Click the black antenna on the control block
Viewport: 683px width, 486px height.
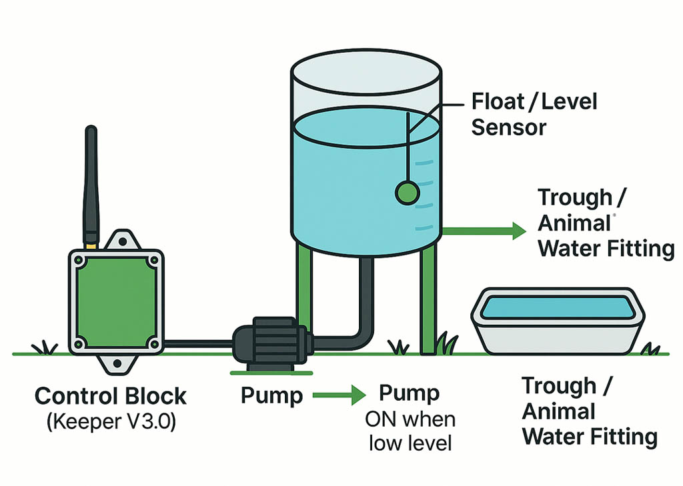(x=91, y=180)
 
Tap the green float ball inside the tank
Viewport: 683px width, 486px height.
(x=407, y=193)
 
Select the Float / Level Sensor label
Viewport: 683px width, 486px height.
(x=534, y=114)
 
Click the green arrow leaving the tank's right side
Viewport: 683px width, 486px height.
(x=484, y=231)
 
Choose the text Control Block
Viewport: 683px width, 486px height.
(x=111, y=396)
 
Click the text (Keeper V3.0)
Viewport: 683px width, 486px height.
(x=111, y=423)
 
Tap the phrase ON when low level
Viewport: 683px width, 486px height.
(x=410, y=431)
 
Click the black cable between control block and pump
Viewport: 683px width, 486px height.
(x=197, y=343)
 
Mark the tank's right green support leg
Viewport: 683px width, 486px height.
(x=427, y=300)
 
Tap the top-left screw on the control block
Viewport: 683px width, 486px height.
(x=79, y=261)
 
